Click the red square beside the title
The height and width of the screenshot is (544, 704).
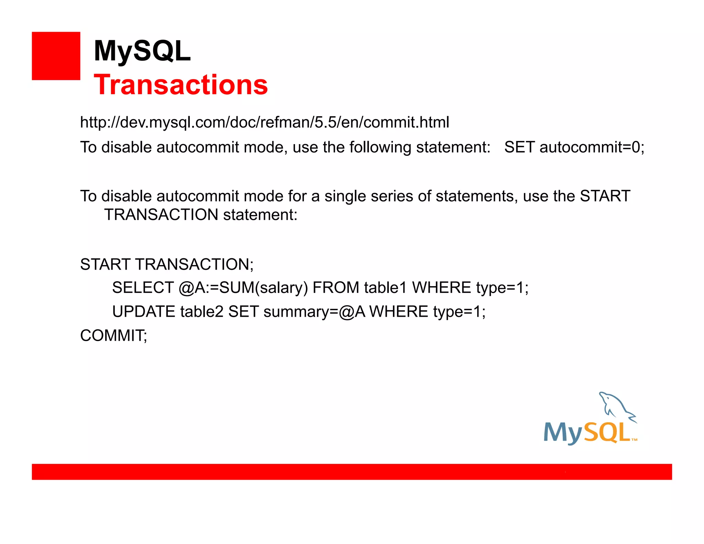(x=56, y=56)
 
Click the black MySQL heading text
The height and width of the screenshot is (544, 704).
(x=142, y=51)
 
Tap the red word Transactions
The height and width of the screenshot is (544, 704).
(x=181, y=85)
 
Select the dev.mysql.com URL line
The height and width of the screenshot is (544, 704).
(x=264, y=122)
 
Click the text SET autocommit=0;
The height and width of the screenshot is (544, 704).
(x=574, y=147)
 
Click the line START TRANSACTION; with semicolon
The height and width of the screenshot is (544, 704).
(x=167, y=264)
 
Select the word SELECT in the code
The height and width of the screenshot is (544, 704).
(x=143, y=287)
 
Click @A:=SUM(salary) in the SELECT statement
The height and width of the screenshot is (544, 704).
(x=243, y=288)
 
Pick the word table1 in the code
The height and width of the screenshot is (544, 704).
(x=385, y=287)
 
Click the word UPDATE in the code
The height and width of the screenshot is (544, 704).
(x=144, y=312)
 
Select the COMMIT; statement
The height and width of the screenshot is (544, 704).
(x=113, y=336)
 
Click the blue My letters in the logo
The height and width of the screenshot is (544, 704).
(x=563, y=433)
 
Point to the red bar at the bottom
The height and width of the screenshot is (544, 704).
(x=352, y=471)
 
